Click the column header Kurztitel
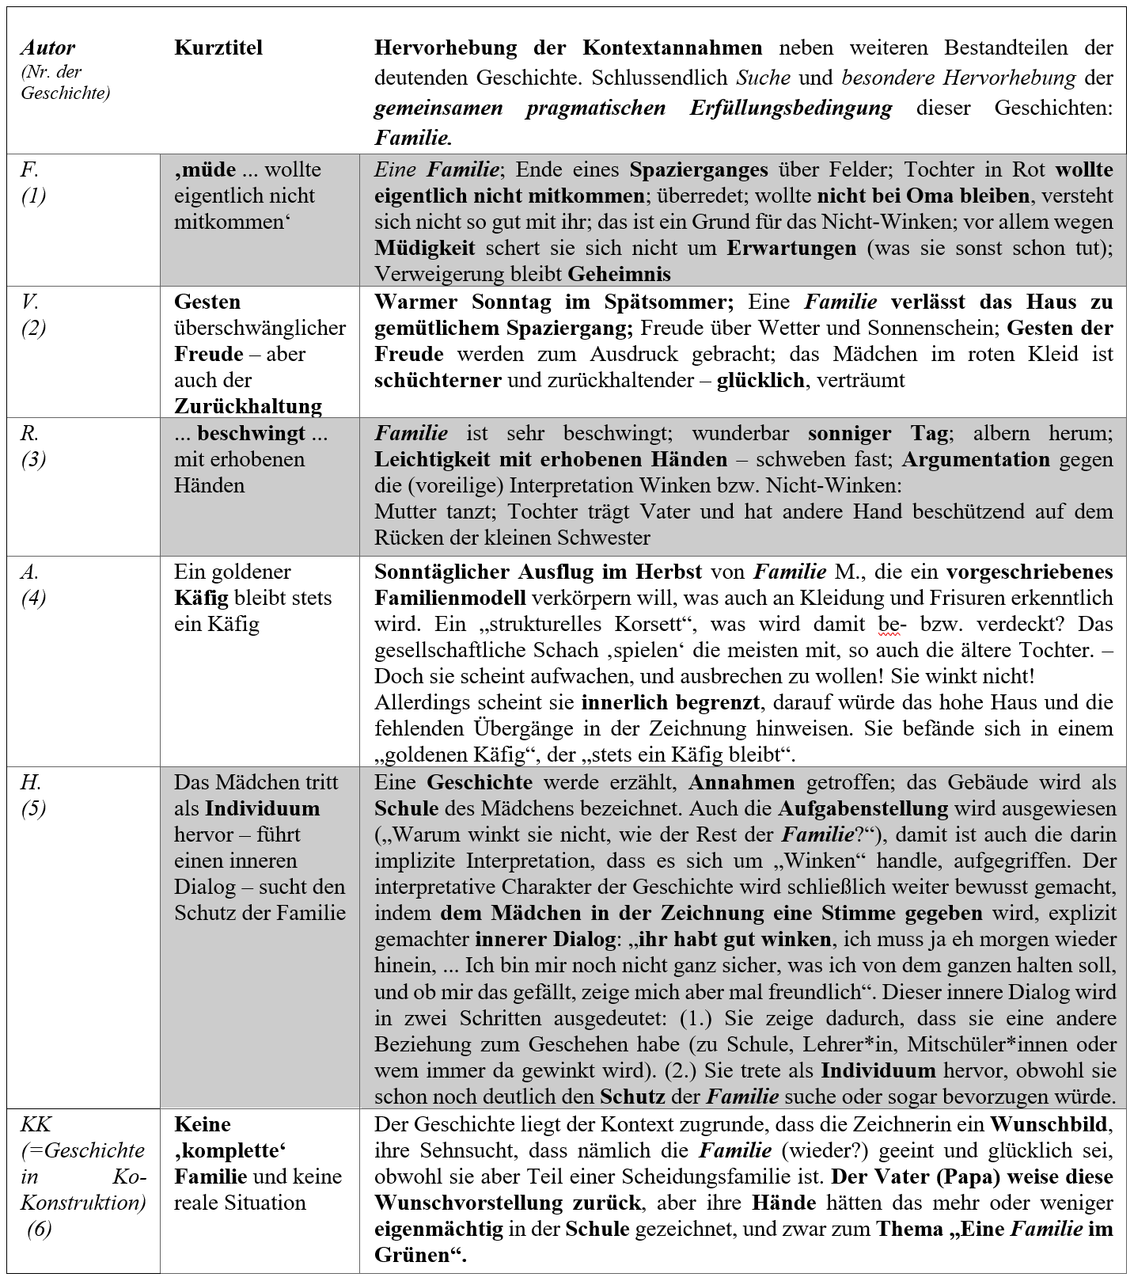point(218,48)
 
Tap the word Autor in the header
point(47,48)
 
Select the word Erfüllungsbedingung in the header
point(791,108)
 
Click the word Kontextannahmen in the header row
point(673,48)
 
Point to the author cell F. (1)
point(33,182)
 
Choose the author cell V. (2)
point(33,314)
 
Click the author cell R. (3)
point(33,446)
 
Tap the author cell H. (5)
point(33,795)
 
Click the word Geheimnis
point(619,274)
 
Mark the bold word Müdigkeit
point(425,248)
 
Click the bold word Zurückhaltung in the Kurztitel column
point(248,406)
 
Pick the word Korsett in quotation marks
point(648,624)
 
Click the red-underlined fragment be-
point(889,624)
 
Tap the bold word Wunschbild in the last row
point(1050,1124)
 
